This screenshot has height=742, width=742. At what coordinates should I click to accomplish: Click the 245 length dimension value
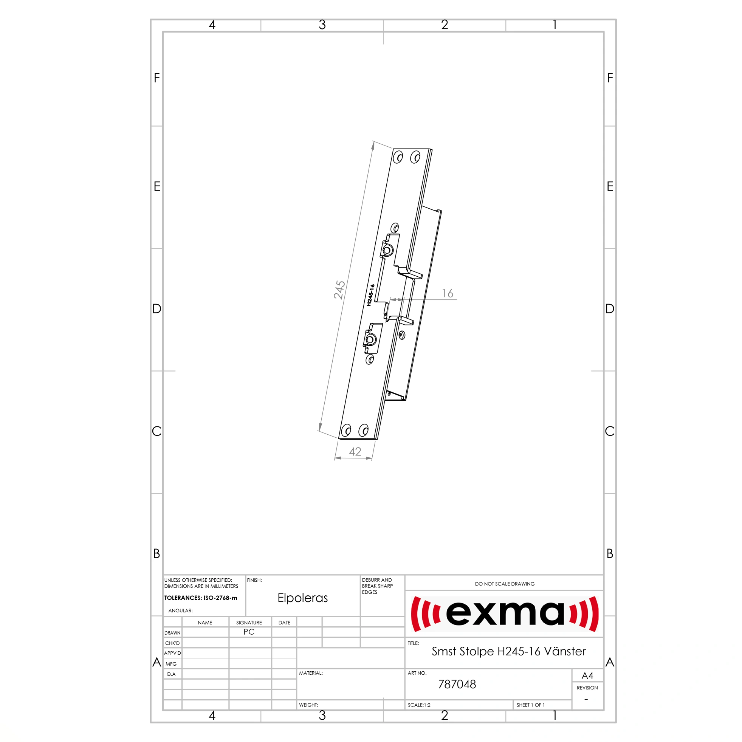[x=339, y=290]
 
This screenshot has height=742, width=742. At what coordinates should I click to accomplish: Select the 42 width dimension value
[x=355, y=452]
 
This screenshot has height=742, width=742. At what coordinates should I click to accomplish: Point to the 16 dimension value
[x=448, y=293]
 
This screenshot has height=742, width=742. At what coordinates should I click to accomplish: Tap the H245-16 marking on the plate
[x=370, y=295]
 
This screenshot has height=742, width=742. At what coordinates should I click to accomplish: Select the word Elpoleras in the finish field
[x=303, y=598]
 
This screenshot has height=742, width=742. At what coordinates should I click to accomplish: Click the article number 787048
[x=457, y=685]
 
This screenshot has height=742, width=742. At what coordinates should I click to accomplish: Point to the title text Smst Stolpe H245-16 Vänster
[x=508, y=651]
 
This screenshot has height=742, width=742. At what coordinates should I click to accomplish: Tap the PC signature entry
[x=249, y=632]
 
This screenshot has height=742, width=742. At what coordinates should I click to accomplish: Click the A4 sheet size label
[x=587, y=675]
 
